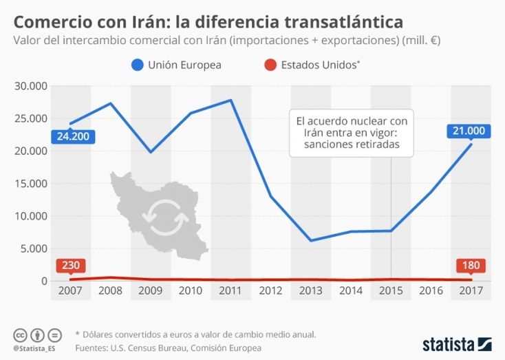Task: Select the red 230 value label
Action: pos(69,266)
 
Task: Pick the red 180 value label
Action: pos(471,266)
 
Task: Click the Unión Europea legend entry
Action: pos(175,65)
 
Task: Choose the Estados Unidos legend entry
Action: pos(313,65)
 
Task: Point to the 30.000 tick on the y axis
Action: pos(30,86)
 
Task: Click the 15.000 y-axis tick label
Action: pos(30,184)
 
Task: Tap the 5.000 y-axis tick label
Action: pos(33,248)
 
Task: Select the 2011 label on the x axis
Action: pos(230,291)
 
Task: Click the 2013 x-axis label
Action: pos(311,291)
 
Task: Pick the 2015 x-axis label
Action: pos(391,291)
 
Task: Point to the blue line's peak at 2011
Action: pos(230,100)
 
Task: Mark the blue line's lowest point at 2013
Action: pos(311,240)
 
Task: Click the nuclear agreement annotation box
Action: pos(352,132)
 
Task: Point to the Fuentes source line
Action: pos(168,348)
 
